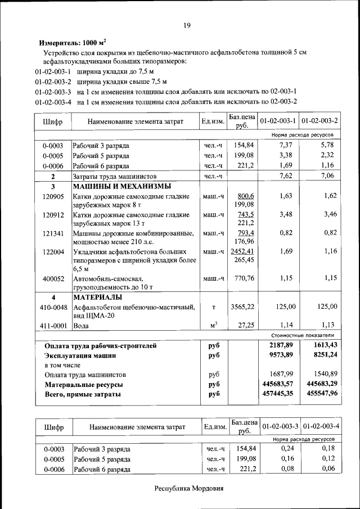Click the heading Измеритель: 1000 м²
[73, 43]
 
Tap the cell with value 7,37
[287, 145]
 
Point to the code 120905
[53, 196]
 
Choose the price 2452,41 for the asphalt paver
[243, 251]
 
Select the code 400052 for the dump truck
[53, 278]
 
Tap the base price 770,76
[243, 278]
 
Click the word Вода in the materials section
[82, 325]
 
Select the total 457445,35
[279, 394]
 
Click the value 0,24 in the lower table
[287, 448]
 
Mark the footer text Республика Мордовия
[189, 488]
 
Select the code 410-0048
[53, 307]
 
